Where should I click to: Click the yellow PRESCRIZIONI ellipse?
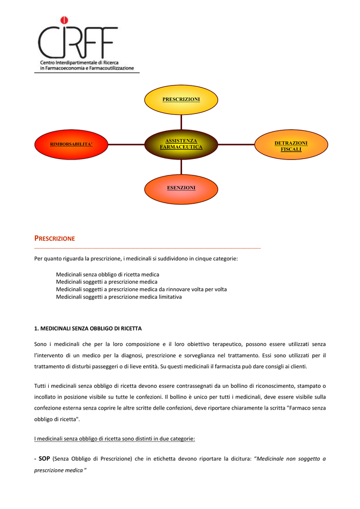(181, 99)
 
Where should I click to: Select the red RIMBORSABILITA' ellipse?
(71, 145)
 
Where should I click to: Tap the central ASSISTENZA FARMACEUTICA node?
(181, 145)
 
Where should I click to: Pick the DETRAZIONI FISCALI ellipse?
(291, 145)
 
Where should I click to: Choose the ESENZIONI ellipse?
(181, 189)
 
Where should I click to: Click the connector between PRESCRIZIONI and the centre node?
(181, 122)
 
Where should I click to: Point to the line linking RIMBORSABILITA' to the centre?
(126, 145)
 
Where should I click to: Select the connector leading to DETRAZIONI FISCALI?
(236, 145)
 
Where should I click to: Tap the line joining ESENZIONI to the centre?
(181, 167)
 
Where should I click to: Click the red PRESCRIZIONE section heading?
(55, 239)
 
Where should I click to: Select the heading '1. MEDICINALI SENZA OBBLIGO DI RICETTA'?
(88, 329)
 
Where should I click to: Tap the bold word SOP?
(44, 459)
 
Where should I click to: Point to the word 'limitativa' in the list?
(170, 297)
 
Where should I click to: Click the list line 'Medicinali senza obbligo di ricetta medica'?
(107, 274)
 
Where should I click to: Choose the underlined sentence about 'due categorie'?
(114, 439)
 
